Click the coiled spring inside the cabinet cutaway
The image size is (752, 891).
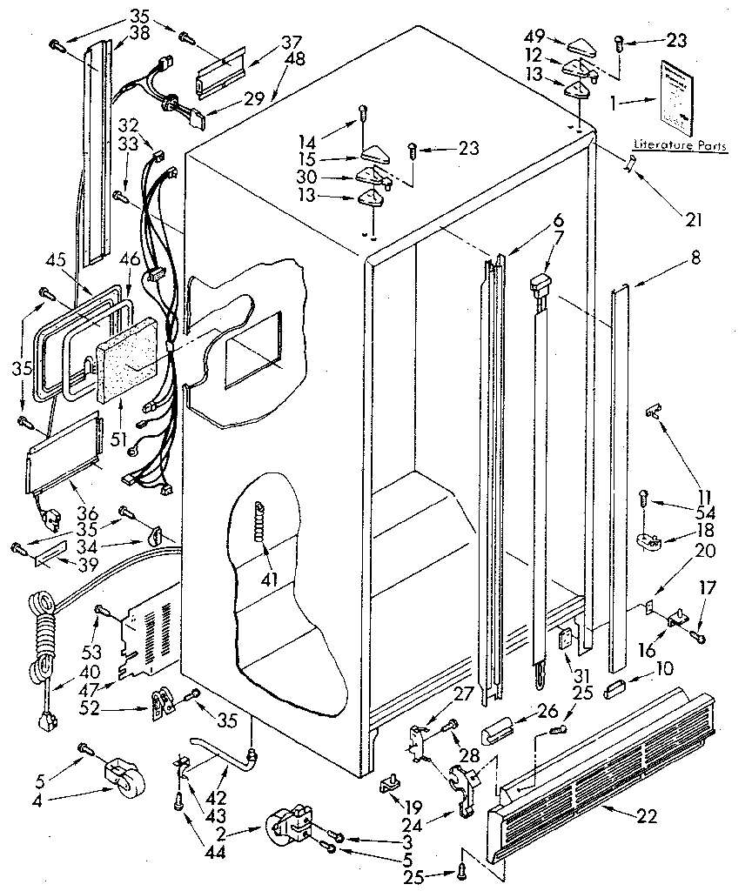[x=258, y=522]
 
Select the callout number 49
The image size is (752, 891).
[x=535, y=36]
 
